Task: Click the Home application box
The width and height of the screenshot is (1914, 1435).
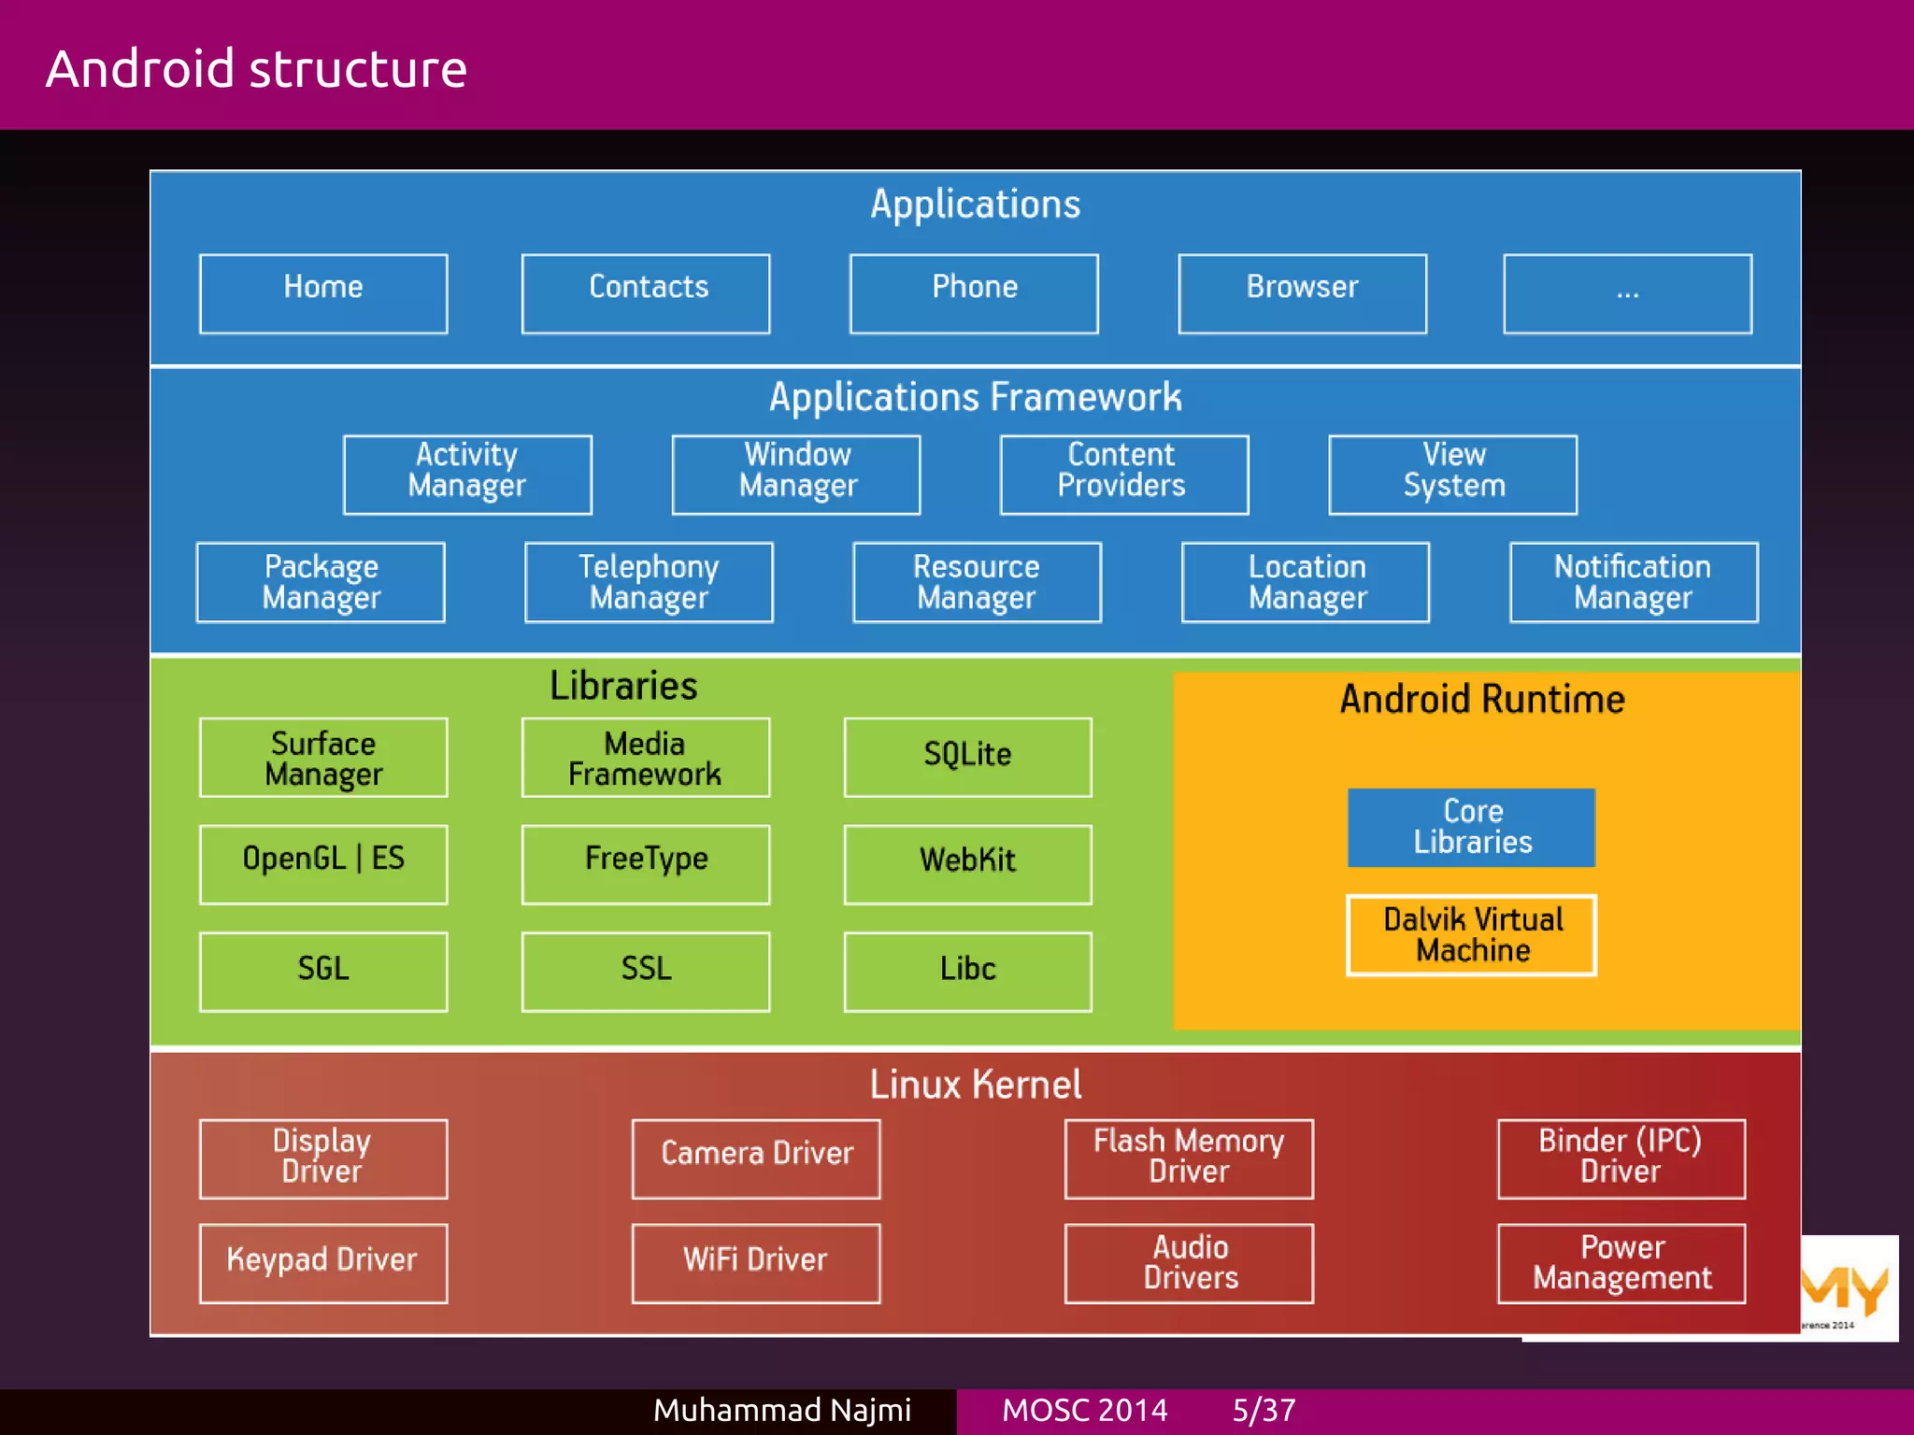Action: tap(323, 293)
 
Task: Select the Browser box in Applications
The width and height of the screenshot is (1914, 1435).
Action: tap(1302, 293)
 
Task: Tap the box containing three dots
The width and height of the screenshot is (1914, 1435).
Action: tap(1627, 293)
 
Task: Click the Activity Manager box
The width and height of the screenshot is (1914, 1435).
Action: tap(467, 475)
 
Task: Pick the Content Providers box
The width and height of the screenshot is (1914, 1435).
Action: tap(1123, 475)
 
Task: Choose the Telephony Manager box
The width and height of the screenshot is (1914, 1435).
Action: tap(649, 582)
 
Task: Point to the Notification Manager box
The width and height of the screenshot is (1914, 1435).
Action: tap(1633, 582)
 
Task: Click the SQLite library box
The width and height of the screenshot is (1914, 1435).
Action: tap(967, 757)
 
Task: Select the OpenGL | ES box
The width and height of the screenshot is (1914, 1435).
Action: tap(323, 863)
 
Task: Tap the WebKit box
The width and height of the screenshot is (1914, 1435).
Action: tap(967, 863)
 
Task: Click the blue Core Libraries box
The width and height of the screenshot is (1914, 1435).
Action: tap(1471, 827)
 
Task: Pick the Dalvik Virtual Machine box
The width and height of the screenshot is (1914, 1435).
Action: tap(1471, 935)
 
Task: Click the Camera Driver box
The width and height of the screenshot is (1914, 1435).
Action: tap(756, 1158)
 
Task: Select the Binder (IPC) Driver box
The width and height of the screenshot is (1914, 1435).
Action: tap(1621, 1158)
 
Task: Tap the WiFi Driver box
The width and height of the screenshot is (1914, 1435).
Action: tap(756, 1262)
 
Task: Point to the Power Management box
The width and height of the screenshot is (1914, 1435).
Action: tap(1621, 1262)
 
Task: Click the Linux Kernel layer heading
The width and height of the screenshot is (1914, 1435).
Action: tap(975, 1085)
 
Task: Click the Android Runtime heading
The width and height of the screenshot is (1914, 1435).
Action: tap(1482, 700)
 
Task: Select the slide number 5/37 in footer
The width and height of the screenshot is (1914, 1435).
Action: tap(1264, 1410)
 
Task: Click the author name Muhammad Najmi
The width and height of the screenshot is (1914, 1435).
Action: tap(781, 1410)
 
